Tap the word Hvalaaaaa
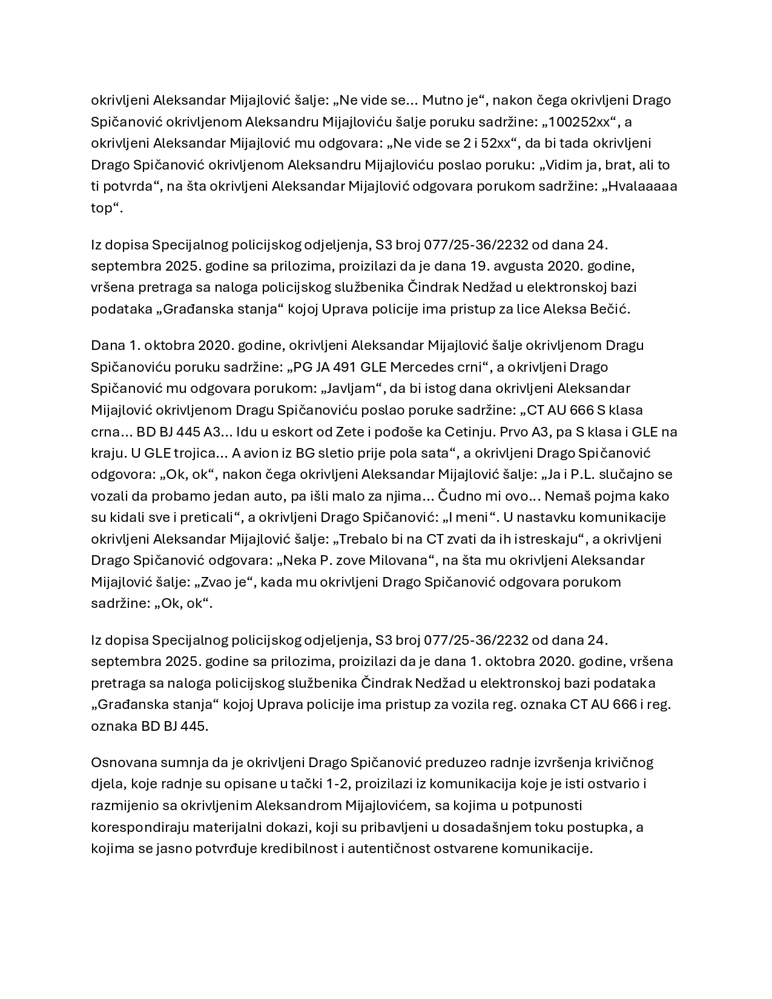tap(643, 186)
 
